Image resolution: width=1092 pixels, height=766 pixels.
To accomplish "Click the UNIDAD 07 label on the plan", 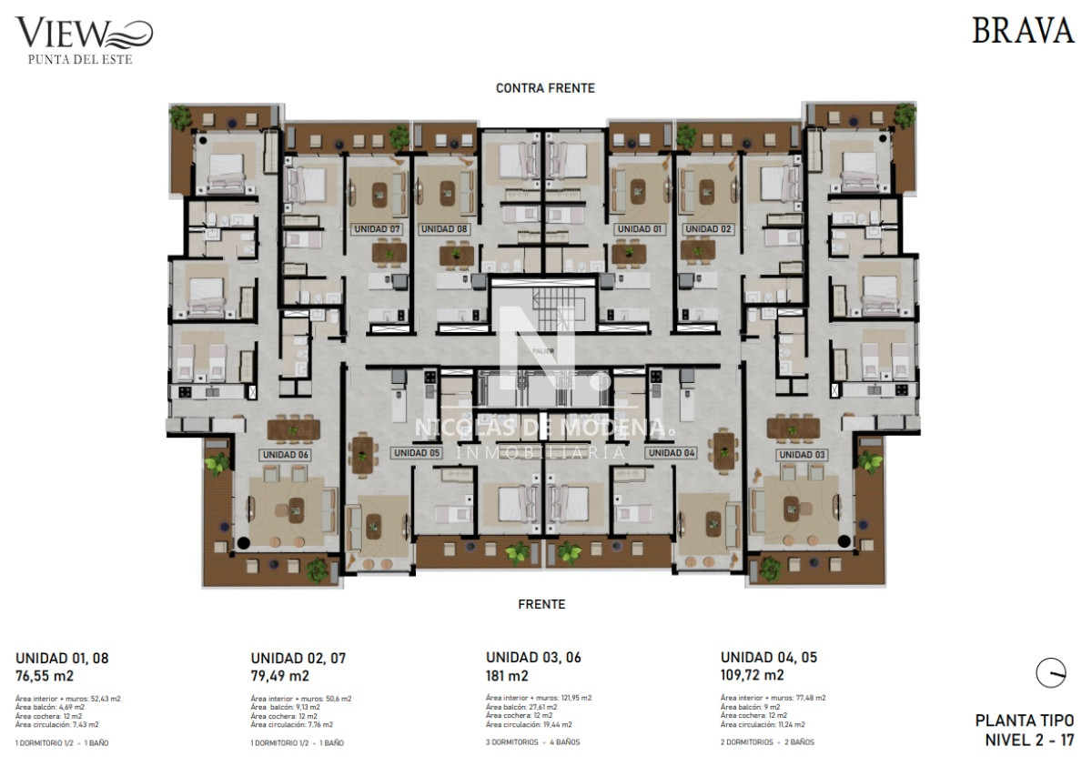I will tap(376, 229).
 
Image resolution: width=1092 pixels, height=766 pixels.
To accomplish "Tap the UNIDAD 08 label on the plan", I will tap(444, 229).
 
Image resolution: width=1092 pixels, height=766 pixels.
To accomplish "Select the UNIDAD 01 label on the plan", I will tap(638, 229).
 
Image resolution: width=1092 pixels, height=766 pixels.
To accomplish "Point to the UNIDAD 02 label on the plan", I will tap(707, 229).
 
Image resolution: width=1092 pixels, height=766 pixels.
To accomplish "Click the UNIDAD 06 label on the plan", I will tap(286, 455).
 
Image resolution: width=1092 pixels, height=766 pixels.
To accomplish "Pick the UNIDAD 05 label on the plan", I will tap(416, 452).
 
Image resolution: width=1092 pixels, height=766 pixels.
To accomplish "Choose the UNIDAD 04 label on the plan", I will tap(671, 452).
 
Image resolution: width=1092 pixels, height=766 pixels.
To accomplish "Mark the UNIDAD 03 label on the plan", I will tap(801, 455).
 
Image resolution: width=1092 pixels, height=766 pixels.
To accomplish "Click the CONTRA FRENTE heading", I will tap(545, 88).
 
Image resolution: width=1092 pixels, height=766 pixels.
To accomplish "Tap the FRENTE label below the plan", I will tap(541, 604).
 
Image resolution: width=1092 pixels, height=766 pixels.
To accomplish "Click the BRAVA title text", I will tap(1023, 31).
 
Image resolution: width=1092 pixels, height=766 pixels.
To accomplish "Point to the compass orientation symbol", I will tap(1050, 673).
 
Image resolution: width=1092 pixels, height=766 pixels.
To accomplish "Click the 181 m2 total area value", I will tap(507, 676).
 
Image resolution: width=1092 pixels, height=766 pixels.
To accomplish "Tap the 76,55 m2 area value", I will tap(45, 676).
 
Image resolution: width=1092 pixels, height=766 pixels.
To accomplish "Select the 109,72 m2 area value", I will tap(752, 676).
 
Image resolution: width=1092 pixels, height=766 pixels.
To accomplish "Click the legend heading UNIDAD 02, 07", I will tap(298, 658).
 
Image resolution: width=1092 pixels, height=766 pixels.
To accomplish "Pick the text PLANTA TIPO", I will tap(1025, 721).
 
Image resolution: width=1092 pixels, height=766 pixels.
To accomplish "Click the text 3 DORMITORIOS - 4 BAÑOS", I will tap(532, 742).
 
